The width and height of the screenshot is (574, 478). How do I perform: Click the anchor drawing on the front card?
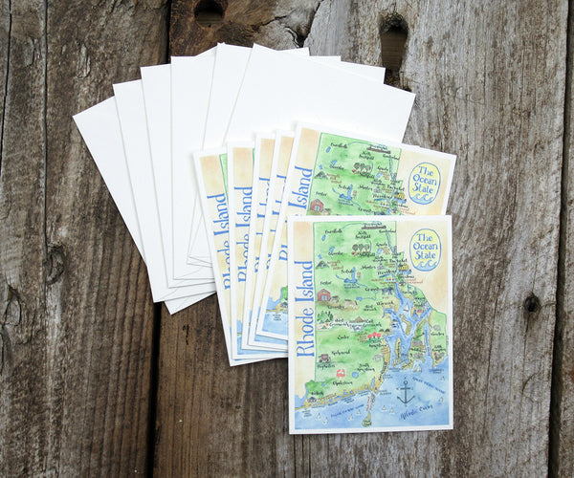[x=406, y=389]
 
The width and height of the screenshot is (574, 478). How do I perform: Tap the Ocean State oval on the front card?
[x=425, y=249]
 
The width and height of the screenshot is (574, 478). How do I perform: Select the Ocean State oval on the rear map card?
[x=424, y=182]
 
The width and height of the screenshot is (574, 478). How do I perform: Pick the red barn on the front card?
[x=324, y=295]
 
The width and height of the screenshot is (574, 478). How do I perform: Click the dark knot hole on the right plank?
[x=531, y=304]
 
